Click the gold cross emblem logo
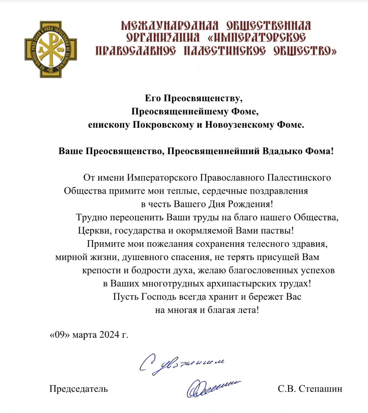(x=51, y=49)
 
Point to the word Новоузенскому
(x=240, y=125)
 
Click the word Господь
(x=159, y=297)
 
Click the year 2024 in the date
(x=109, y=335)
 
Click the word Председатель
(x=79, y=389)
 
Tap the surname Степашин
(x=320, y=389)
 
